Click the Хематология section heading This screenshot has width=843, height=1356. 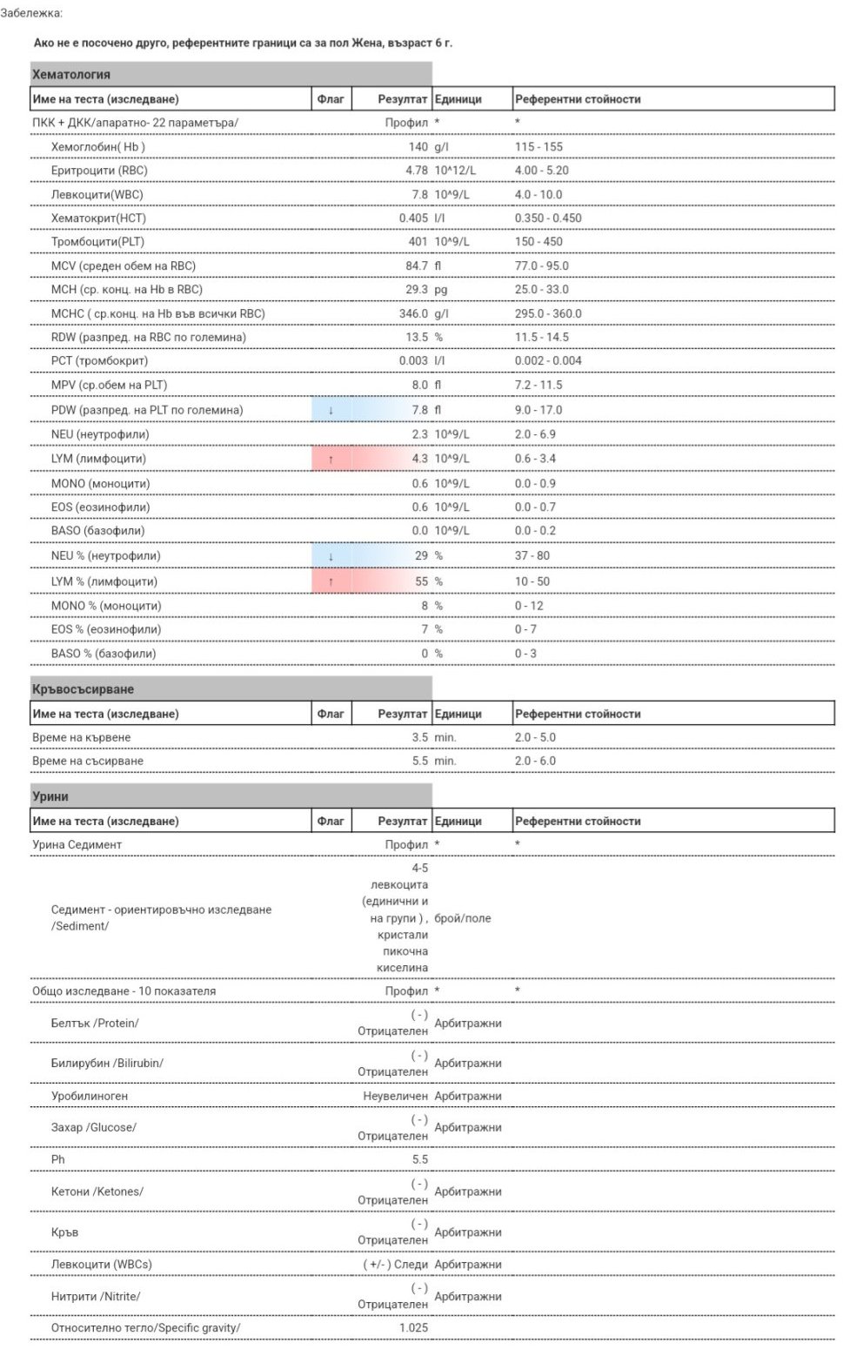coord(71,75)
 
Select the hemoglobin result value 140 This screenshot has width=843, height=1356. coord(418,147)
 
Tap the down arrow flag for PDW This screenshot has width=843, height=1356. coord(331,410)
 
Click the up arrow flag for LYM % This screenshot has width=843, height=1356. coord(331,581)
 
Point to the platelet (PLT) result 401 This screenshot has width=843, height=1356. coord(418,242)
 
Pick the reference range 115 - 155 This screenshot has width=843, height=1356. coord(539,147)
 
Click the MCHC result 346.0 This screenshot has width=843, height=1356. coord(413,313)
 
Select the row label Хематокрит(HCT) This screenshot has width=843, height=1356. coord(98,218)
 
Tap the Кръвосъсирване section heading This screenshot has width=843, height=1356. coord(83,689)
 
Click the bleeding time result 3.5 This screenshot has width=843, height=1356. coord(419,737)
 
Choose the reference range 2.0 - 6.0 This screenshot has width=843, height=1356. coord(535,761)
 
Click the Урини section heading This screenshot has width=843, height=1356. coord(50,796)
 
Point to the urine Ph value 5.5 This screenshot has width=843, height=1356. coord(419,1159)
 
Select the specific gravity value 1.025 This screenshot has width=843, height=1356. coord(413,1328)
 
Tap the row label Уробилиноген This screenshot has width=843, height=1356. coord(89,1096)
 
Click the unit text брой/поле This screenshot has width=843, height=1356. coord(462,918)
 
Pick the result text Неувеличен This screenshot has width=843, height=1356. coord(395,1096)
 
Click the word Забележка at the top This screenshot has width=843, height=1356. coord(31,13)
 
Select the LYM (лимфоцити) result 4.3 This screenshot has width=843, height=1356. coord(419,459)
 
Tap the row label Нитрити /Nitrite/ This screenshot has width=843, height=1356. coord(96,1296)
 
